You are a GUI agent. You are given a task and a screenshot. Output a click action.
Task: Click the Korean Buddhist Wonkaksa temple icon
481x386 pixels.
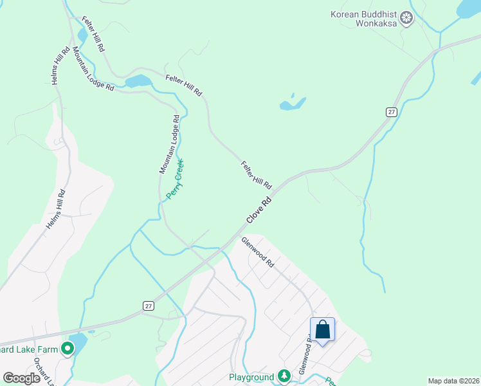click(406, 18)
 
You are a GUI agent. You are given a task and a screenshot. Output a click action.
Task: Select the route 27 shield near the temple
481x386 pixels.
click(392, 112)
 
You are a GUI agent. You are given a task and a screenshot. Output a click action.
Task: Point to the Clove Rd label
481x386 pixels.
click(259, 210)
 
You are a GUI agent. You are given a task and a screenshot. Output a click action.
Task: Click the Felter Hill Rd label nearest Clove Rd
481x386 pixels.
click(257, 174)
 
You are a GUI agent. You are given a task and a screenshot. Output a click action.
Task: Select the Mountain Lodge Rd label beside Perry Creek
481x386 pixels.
click(168, 145)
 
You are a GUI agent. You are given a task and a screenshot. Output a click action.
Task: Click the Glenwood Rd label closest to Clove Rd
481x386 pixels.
click(258, 253)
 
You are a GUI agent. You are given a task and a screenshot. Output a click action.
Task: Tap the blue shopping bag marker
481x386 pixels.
click(323, 330)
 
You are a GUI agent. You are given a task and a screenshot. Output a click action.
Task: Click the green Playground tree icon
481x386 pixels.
click(284, 376)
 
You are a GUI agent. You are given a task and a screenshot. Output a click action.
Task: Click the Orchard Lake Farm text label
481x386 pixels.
click(29, 350)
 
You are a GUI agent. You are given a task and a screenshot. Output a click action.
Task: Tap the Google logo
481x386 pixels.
click(22, 378)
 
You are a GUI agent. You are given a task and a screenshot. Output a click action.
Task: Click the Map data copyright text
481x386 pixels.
click(454, 381)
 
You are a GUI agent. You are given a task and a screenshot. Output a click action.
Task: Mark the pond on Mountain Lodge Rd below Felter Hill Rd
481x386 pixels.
click(138, 81)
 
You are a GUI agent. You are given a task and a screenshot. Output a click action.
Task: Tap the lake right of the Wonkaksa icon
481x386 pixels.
click(468, 8)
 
